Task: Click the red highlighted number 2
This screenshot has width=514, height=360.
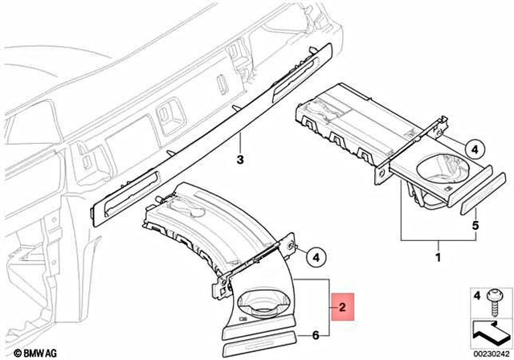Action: point(342,306)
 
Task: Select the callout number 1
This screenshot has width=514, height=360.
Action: point(438,259)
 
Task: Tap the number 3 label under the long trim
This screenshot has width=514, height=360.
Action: point(239,161)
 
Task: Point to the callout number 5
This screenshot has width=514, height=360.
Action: point(475,226)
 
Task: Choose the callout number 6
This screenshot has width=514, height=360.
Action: point(316,334)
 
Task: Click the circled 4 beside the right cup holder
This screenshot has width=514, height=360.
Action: point(474,150)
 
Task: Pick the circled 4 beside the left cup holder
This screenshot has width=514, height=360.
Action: point(316,257)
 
